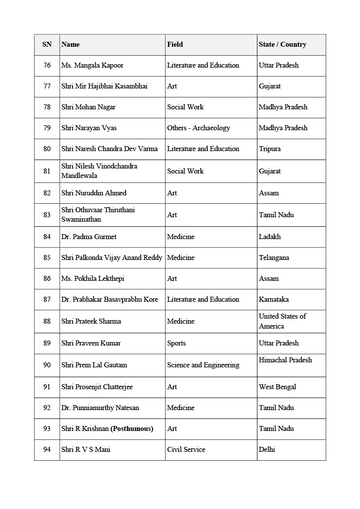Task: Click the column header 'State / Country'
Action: tap(282, 45)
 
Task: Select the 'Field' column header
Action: tap(175, 45)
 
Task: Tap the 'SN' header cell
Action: tap(47, 45)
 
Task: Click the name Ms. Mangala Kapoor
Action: tap(92, 66)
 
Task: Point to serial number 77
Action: tap(47, 86)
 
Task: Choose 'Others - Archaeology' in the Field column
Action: tap(198, 128)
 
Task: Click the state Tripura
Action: tap(270, 149)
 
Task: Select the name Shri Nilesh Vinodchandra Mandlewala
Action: tap(99, 171)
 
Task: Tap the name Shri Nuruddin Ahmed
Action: tap(94, 193)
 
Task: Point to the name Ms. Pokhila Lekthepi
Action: tap(93, 279)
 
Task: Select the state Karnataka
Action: tap(273, 300)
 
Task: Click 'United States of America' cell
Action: tap(282, 321)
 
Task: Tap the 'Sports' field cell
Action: tap(177, 343)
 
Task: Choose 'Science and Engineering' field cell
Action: tap(203, 365)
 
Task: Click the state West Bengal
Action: tap(277, 387)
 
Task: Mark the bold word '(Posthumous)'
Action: tap(132, 429)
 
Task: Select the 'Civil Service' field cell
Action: tap(186, 450)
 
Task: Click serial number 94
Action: tap(47, 450)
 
